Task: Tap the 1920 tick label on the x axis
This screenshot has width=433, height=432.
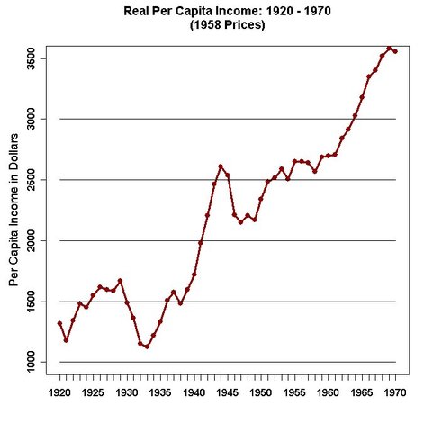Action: (x=59, y=393)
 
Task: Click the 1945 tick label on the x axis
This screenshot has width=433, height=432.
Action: (x=228, y=393)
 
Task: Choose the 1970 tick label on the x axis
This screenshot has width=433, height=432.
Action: (x=396, y=393)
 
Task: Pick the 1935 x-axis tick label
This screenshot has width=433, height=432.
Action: (x=160, y=393)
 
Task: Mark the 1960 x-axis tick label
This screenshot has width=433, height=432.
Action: (x=329, y=393)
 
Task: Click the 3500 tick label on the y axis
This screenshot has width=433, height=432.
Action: (x=30, y=58)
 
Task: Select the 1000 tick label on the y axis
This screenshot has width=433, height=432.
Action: (x=30, y=362)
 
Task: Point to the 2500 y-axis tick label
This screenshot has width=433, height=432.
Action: (x=30, y=180)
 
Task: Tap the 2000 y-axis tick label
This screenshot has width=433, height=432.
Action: (x=30, y=240)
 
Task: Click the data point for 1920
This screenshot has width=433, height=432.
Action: (x=59, y=323)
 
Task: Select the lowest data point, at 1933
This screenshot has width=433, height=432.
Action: (x=147, y=346)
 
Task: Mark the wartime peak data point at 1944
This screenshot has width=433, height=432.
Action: (x=221, y=166)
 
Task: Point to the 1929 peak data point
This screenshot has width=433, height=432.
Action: (x=120, y=281)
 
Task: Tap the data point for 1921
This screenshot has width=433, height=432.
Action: (x=66, y=340)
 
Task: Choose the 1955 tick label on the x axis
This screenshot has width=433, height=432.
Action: (x=295, y=393)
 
